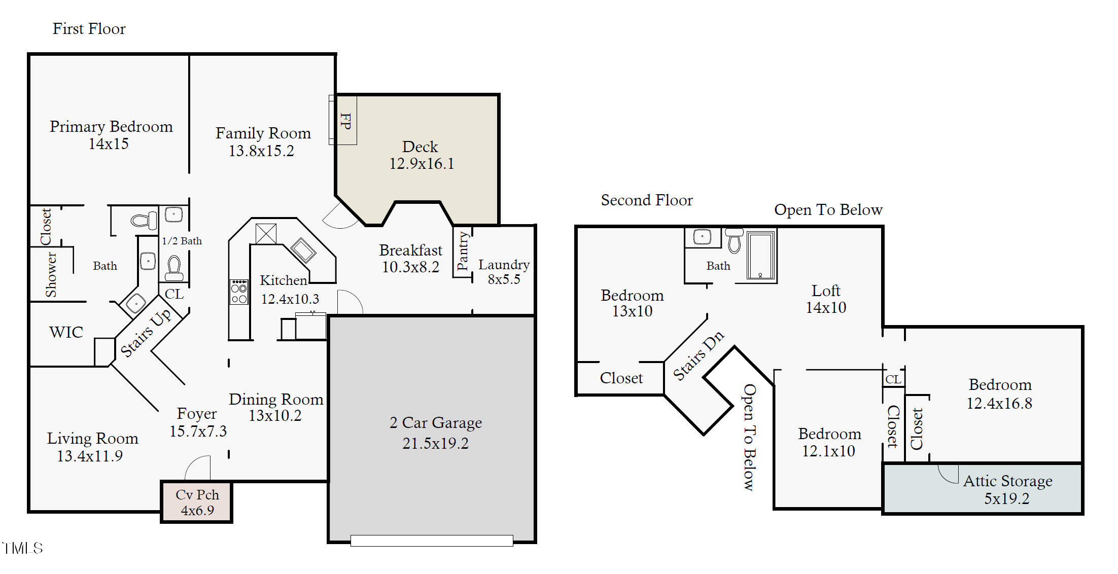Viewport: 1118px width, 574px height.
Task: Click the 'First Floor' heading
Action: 89,29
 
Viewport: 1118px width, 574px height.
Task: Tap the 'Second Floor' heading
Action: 647,200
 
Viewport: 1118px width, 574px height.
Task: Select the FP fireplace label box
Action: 345,121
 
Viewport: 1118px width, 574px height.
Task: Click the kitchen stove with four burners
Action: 239,292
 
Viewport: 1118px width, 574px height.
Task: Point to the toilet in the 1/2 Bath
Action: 174,268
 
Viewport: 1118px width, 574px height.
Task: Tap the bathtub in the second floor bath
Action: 761,256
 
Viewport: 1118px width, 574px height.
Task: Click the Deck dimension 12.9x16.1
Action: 422,164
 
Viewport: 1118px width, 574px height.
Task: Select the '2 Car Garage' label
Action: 436,422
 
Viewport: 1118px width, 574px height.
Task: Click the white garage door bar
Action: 432,541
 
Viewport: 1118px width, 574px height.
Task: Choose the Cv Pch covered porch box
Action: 197,502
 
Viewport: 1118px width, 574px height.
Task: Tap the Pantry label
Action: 462,251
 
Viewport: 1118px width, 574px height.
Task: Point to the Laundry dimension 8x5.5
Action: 504,279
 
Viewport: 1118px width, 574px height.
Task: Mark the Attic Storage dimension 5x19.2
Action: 1007,499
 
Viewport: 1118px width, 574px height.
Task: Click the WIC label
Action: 66,333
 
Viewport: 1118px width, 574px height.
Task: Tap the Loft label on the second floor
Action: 826,291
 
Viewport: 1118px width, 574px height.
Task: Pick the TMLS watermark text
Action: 23,548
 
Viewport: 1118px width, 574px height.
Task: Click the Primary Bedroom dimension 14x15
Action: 109,144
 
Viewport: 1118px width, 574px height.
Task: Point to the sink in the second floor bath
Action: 702,237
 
